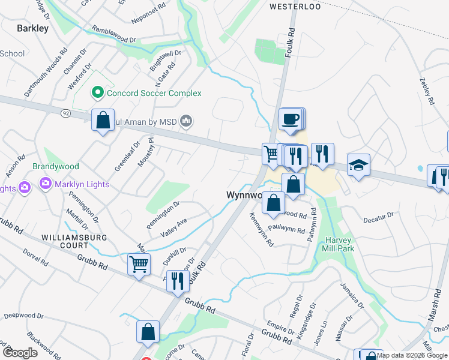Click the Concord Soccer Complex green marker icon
pos(97,93)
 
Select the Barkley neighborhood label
pos(32,28)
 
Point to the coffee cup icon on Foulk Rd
pos(291,118)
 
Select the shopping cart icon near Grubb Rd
pos(139,263)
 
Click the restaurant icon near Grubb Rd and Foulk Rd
pos(177,281)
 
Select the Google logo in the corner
pos(20,352)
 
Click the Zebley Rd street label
pos(427,91)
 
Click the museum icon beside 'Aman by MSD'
pos(186,122)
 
